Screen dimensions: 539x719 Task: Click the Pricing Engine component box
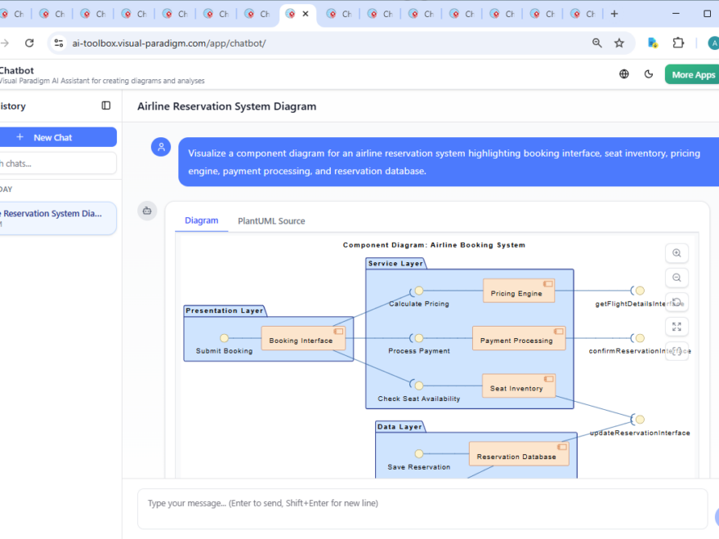pos(518,292)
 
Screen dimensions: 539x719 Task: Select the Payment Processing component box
pos(518,339)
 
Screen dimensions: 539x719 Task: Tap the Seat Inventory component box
pos(518,387)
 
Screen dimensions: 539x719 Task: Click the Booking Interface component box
pos(302,339)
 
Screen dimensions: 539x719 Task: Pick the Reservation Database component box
pos(518,455)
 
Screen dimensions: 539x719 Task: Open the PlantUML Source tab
pos(271,220)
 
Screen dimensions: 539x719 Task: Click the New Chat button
pos(54,137)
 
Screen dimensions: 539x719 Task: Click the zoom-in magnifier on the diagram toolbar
pos(677,253)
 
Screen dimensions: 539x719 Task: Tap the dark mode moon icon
pos(649,74)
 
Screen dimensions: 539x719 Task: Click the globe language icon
pos(624,74)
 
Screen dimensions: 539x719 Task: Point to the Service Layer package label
pos(395,264)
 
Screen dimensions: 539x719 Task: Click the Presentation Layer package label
pos(224,310)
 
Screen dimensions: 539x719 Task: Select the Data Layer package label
pos(400,427)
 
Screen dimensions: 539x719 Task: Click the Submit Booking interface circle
pos(224,338)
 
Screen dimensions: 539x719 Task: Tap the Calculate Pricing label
pos(418,304)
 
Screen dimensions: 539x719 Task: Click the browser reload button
pos(29,43)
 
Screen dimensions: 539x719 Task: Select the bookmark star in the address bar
pos(619,43)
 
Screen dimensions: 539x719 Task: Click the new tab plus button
pos(614,14)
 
